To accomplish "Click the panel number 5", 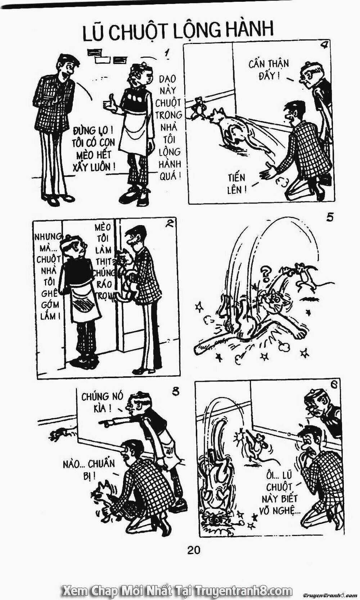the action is tap(330, 218).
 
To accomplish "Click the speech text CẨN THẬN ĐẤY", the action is tap(269, 70).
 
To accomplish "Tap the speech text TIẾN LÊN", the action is tap(237, 184).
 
